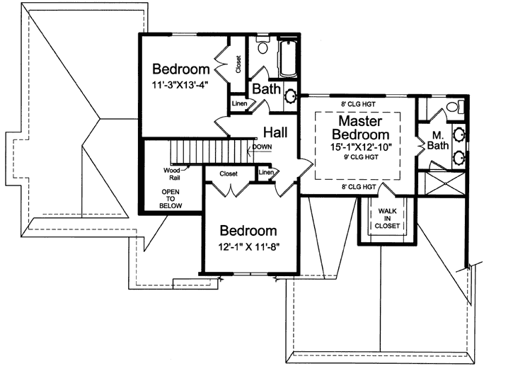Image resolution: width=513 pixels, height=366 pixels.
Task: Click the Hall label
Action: tap(275, 132)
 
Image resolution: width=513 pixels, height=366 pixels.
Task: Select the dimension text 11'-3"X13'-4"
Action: tap(182, 86)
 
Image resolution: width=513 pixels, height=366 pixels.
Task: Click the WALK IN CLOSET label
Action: tap(388, 219)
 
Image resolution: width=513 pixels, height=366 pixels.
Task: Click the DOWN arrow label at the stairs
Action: tap(263, 147)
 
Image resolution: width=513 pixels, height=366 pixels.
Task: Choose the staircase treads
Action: tap(212, 152)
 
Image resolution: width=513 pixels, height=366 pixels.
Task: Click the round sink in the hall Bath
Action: tap(290, 94)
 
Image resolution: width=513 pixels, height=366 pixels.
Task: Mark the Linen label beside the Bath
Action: tap(239, 105)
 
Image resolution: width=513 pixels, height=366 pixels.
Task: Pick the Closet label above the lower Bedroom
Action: tap(228, 173)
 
